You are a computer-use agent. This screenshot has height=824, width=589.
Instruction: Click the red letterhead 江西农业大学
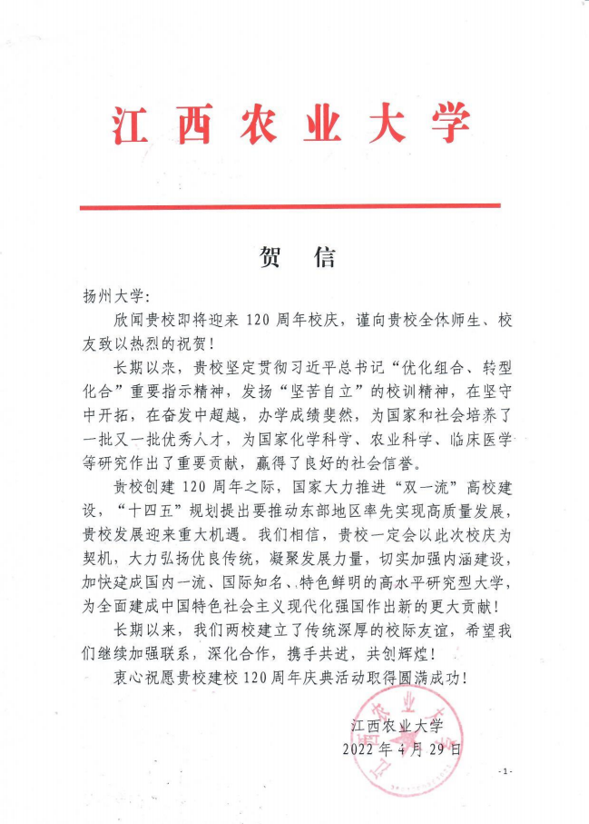(292, 126)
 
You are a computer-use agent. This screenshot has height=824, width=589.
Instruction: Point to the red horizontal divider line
(290, 207)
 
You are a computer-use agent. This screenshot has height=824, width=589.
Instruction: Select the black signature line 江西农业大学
(397, 725)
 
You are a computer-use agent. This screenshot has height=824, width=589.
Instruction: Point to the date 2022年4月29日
(400, 750)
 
